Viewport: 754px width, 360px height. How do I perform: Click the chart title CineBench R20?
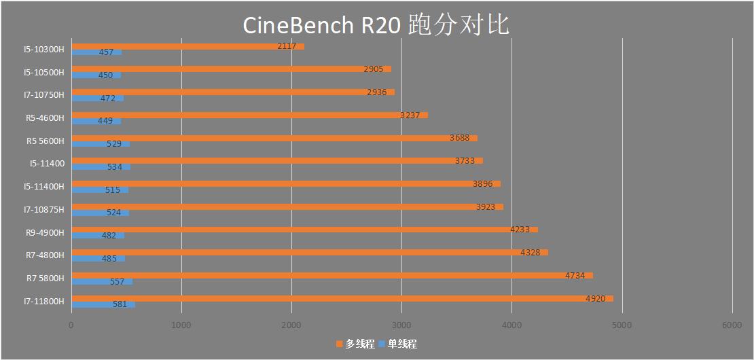(376, 25)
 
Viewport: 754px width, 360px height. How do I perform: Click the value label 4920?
(595, 298)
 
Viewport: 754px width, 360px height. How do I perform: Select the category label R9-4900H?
(45, 232)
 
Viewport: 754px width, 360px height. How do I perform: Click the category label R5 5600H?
(45, 141)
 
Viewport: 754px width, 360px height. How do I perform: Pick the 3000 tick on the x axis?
(401, 325)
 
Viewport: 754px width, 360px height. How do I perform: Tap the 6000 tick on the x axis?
(732, 325)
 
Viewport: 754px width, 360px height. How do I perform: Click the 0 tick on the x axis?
(71, 325)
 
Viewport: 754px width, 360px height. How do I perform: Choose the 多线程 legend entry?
(355, 344)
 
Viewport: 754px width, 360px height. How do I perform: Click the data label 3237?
(410, 115)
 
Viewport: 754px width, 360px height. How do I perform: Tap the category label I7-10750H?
(45, 95)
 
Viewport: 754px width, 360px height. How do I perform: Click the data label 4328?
(531, 252)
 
